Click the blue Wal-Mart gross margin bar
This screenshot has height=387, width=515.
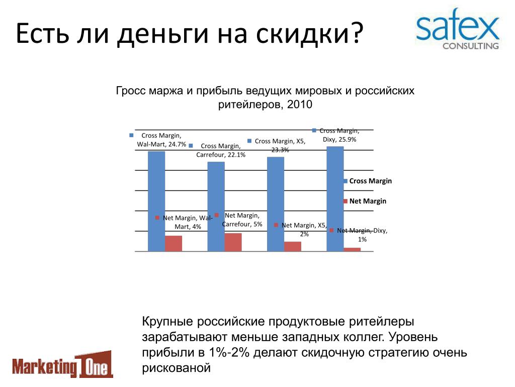click(156, 202)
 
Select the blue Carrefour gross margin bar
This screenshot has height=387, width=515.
click(216, 207)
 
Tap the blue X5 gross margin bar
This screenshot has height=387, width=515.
click(276, 205)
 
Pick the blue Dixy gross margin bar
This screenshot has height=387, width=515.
click(335, 199)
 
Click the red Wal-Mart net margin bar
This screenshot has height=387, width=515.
click(174, 244)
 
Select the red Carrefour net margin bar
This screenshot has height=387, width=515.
click(233, 242)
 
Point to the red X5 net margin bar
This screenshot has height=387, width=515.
click(293, 247)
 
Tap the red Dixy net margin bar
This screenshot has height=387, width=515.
click(352, 250)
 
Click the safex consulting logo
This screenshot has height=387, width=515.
click(458, 29)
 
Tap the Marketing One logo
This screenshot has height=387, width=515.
click(62, 364)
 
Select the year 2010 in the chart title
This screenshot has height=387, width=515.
click(300, 104)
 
